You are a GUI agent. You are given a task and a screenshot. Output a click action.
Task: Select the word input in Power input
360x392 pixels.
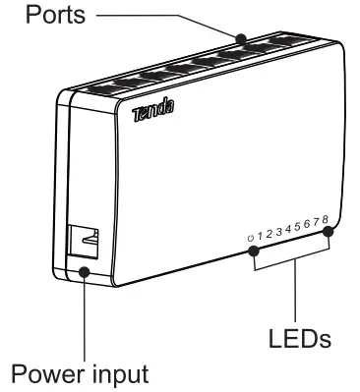click(120, 374)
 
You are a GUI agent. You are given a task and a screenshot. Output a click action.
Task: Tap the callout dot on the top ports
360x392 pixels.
click(241, 39)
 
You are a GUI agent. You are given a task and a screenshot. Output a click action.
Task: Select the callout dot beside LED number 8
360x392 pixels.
click(329, 232)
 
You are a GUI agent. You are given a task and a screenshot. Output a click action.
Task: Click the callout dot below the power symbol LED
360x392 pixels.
click(252, 251)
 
